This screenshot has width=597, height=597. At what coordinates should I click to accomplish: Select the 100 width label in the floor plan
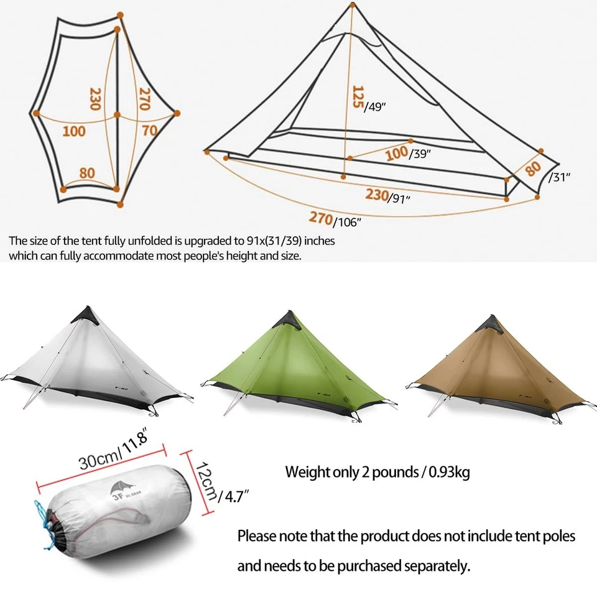74,131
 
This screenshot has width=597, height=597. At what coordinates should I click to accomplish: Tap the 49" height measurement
376,106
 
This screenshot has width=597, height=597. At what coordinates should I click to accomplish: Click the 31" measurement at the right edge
560,176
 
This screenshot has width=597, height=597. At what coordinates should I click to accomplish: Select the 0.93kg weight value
447,472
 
